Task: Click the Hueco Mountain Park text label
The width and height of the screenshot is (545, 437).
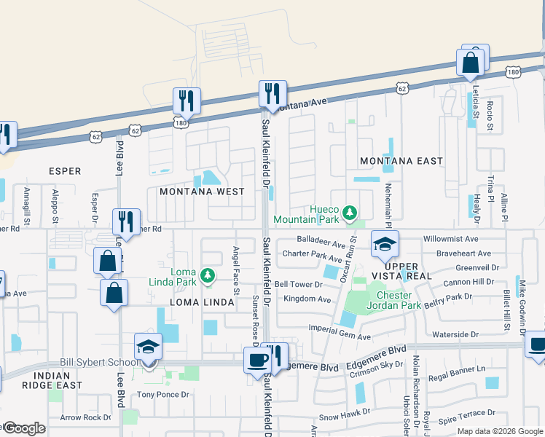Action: point(306,213)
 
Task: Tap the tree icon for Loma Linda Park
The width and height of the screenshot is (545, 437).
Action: point(208,275)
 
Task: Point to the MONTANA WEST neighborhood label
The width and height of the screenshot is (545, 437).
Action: point(196,192)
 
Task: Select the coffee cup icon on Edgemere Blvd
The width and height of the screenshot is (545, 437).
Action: point(256,359)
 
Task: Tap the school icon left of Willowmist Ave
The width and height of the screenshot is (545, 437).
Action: point(385,245)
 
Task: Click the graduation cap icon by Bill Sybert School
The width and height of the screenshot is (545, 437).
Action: point(148,347)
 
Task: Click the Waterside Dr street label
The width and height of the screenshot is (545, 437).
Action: point(453,334)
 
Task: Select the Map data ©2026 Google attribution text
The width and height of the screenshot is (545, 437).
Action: point(499,431)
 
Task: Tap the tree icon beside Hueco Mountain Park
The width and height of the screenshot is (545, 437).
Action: point(350,213)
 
